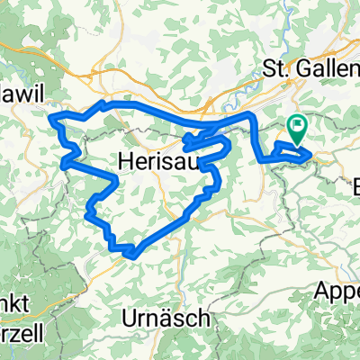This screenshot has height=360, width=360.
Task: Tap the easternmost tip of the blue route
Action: (x=312, y=157)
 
